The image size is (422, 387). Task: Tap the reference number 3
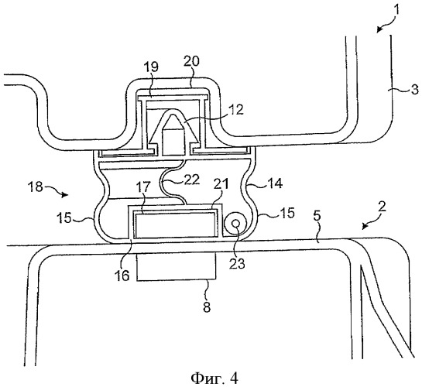click(x=415, y=89)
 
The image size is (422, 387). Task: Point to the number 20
click(x=191, y=61)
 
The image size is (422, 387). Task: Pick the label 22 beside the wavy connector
click(x=191, y=180)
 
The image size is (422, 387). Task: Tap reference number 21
click(x=221, y=185)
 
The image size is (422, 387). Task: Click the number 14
click(x=275, y=183)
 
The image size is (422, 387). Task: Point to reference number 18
click(x=35, y=187)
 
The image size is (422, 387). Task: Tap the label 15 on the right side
click(x=286, y=213)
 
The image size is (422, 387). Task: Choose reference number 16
click(x=122, y=276)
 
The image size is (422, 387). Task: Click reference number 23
click(x=238, y=263)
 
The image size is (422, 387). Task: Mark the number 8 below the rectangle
click(x=207, y=307)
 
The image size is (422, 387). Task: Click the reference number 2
click(x=383, y=207)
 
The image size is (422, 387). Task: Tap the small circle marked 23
click(x=236, y=223)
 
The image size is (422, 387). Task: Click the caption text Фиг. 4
click(x=214, y=378)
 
